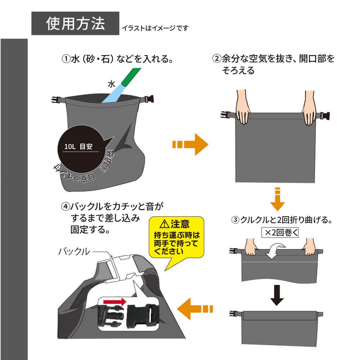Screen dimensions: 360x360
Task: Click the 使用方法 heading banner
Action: [x=75, y=23]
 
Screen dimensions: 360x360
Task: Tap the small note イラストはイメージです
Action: [x=155, y=28]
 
